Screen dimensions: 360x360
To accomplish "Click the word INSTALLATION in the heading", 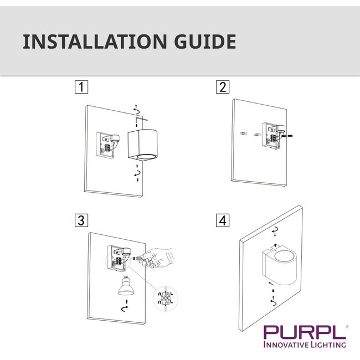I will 88,42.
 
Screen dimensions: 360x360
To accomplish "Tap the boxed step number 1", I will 81,87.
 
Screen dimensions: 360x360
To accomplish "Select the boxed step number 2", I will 223,87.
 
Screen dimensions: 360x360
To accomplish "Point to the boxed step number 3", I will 81,220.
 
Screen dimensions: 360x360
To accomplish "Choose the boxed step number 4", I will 223,220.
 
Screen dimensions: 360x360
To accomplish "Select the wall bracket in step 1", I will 109,146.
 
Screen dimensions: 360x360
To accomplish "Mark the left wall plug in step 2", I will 243,135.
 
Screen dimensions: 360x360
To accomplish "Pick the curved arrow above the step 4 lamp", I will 275,229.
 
